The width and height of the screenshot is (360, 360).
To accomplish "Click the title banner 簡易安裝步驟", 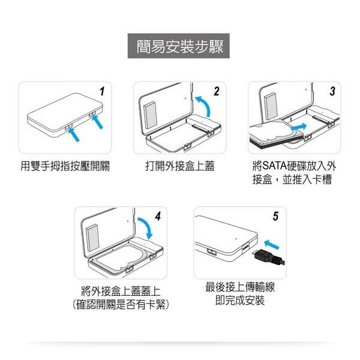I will pyautogui.click(x=180, y=47).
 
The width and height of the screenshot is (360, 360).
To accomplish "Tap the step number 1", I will pyautogui.click(x=103, y=92).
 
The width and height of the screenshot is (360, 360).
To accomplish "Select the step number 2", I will pyautogui.click(x=216, y=92).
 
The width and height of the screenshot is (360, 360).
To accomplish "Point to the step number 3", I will pyautogui.click(x=332, y=92).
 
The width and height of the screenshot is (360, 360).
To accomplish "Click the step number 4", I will pyautogui.click(x=157, y=217).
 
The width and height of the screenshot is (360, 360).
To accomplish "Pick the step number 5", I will pyautogui.click(x=275, y=217).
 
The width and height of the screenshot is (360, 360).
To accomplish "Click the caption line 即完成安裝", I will pyautogui.click(x=239, y=300).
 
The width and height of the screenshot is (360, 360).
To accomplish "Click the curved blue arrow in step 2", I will pyautogui.click(x=203, y=110).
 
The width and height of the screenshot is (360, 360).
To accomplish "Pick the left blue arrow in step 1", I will pyautogui.click(x=75, y=134).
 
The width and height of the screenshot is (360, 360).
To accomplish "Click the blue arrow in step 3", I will pyautogui.click(x=298, y=127).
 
